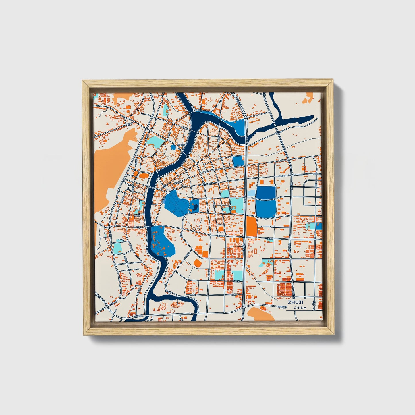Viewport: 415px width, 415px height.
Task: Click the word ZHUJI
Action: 296,302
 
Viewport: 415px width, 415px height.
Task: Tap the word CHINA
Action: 300,308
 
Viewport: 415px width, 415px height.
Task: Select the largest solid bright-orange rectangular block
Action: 252,226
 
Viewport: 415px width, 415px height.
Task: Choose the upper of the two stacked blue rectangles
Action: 266,192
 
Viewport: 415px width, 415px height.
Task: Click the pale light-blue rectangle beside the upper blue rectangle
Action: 251,193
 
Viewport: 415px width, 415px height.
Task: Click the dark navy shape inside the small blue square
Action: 194,206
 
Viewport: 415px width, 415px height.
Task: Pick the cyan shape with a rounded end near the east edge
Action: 311,226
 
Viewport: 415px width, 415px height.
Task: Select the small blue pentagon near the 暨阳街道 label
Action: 173,147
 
